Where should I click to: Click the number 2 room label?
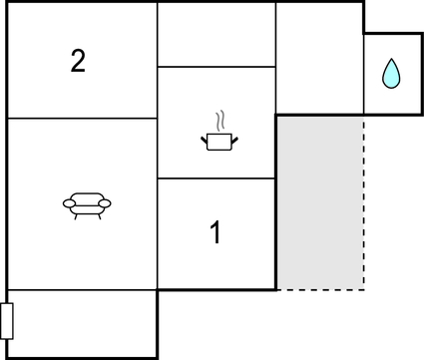click(x=78, y=61)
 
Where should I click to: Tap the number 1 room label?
click(x=215, y=233)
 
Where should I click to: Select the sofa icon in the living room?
click(x=87, y=204)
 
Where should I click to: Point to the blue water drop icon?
click(x=391, y=73)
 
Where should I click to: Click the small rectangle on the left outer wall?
click(x=7, y=321)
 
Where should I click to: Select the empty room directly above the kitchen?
click(x=215, y=35)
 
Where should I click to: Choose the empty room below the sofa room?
click(x=82, y=323)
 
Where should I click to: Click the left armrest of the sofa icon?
click(x=69, y=203)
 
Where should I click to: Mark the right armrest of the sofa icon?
click(x=105, y=203)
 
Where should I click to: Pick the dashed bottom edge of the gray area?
click(x=319, y=290)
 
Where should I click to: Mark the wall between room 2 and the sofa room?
click(x=82, y=118)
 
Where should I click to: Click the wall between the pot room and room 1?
click(x=215, y=179)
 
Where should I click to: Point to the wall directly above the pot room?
click(x=215, y=67)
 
